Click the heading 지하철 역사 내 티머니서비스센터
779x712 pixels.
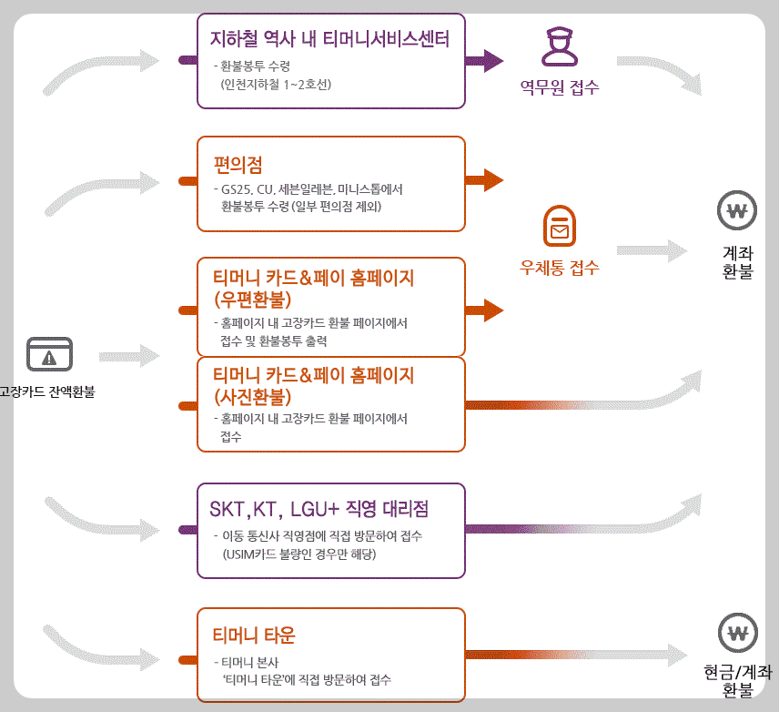click(x=329, y=38)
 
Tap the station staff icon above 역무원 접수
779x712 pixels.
click(x=559, y=46)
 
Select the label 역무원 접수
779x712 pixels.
click(x=559, y=88)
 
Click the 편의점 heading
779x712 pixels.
click(x=238, y=165)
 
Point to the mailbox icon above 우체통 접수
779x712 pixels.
click(x=559, y=227)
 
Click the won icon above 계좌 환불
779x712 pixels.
click(x=737, y=211)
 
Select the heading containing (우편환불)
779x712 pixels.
click(x=313, y=286)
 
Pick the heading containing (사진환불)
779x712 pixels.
click(x=313, y=386)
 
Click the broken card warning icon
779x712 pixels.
click(x=49, y=353)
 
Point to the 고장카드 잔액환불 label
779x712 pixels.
click(x=47, y=393)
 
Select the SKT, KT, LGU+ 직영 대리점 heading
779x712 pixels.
click(x=319, y=507)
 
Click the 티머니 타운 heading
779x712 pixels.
click(x=254, y=635)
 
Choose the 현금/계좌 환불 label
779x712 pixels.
click(x=737, y=681)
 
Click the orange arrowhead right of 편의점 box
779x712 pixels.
click(x=492, y=179)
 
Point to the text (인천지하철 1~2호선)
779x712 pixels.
click(x=276, y=85)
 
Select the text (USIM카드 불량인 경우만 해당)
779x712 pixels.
click(x=298, y=553)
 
